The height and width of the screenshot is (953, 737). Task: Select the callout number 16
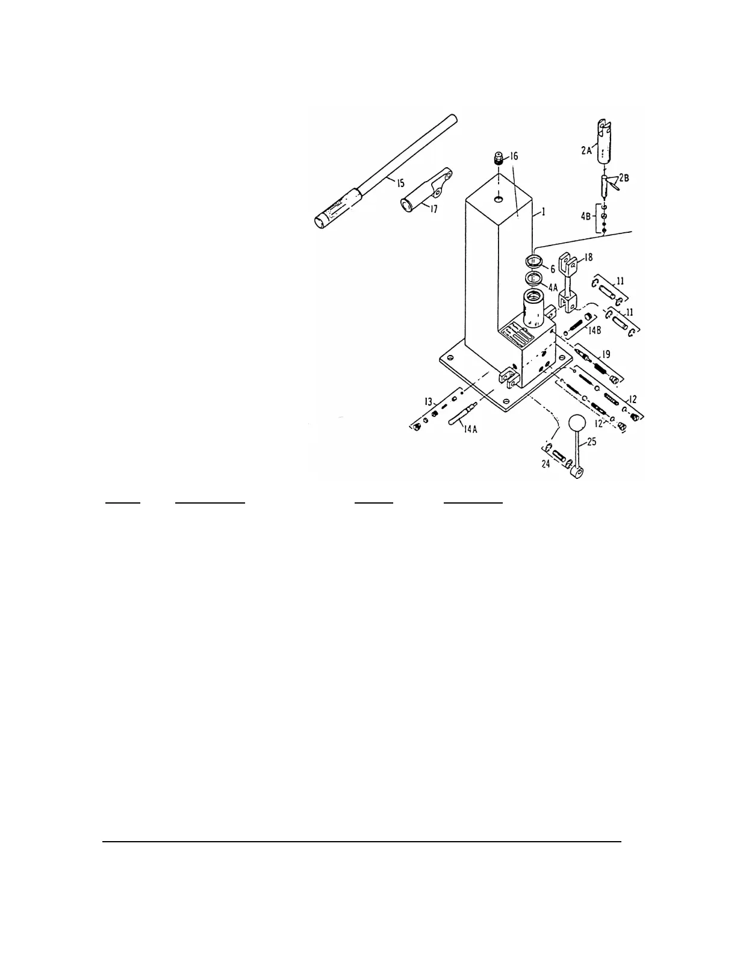[512, 156]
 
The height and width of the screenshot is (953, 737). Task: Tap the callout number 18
[588, 258]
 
